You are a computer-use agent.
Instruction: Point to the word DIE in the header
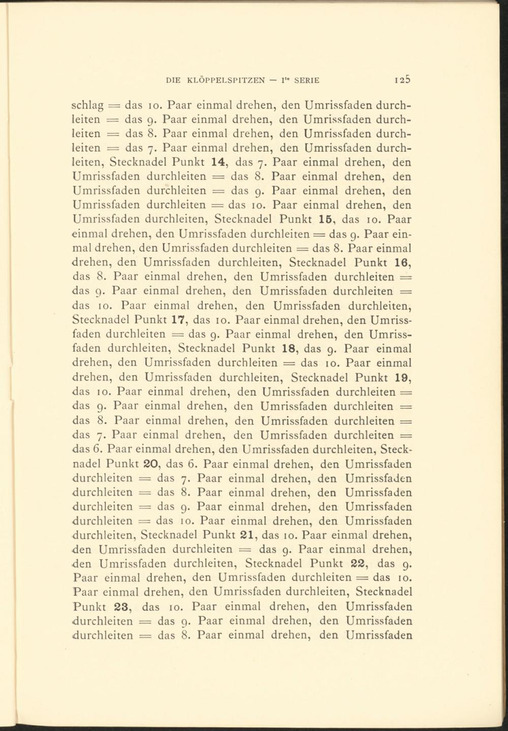[x=174, y=80]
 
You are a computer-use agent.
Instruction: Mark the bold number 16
[x=402, y=263]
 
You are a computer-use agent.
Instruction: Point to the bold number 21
[x=245, y=535]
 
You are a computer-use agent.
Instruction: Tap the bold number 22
[x=360, y=563]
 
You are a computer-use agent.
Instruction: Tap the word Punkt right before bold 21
[x=217, y=535]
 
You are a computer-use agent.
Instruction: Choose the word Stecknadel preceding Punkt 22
[x=274, y=563]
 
